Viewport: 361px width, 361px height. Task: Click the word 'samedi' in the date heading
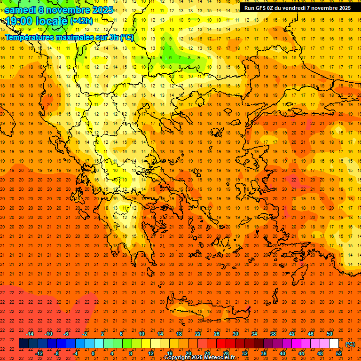click(20, 10)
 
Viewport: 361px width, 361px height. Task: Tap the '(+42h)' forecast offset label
click(81, 21)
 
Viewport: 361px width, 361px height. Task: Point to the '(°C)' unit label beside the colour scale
click(350, 344)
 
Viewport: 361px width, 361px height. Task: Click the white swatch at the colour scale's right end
click(334, 344)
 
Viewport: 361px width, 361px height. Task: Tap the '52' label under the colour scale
click(339, 353)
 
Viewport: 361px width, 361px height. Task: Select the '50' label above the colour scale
click(330, 334)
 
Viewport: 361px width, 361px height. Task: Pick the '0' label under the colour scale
click(94, 353)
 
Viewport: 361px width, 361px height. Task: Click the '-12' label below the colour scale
click(39, 353)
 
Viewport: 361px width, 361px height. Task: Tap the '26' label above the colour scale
click(217, 334)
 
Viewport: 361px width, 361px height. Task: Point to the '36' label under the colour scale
click(264, 353)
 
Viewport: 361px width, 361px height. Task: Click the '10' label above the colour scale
click(141, 334)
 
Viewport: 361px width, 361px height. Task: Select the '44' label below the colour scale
click(301, 353)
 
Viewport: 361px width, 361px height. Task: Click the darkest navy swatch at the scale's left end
click(24, 344)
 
